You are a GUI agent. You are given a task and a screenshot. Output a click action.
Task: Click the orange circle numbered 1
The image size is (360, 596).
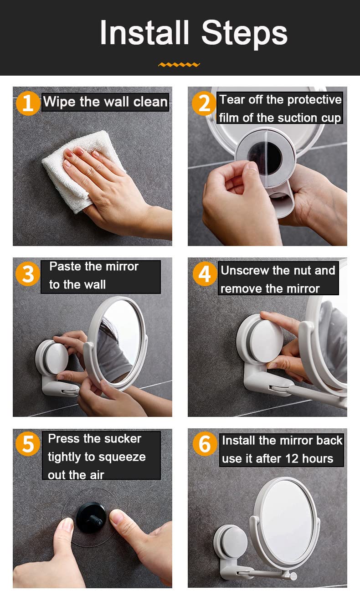pyautogui.click(x=28, y=103)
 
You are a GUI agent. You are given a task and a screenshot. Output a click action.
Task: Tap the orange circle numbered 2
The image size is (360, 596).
pyautogui.click(x=204, y=103)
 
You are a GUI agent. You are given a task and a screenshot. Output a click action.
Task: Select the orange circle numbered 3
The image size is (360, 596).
pyautogui.click(x=28, y=274)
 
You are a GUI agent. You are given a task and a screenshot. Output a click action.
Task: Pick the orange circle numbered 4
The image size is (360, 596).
pyautogui.click(x=205, y=274)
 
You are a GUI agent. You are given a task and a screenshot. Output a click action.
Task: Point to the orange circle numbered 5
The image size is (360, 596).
pyautogui.click(x=28, y=444)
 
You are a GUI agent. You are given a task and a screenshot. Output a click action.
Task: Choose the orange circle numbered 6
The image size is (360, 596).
pyautogui.click(x=205, y=444)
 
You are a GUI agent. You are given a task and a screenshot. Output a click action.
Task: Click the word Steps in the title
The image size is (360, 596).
pyautogui.click(x=244, y=34)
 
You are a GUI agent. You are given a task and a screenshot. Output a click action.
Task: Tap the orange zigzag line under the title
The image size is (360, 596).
pyautogui.click(x=179, y=64)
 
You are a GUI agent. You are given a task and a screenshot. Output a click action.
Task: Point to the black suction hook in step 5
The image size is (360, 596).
pyautogui.click(x=92, y=518)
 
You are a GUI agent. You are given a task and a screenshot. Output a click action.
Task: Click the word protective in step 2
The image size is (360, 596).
pyautogui.click(x=314, y=100)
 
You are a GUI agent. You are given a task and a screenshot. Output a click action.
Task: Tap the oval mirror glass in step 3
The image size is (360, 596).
pyautogui.click(x=120, y=341)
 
